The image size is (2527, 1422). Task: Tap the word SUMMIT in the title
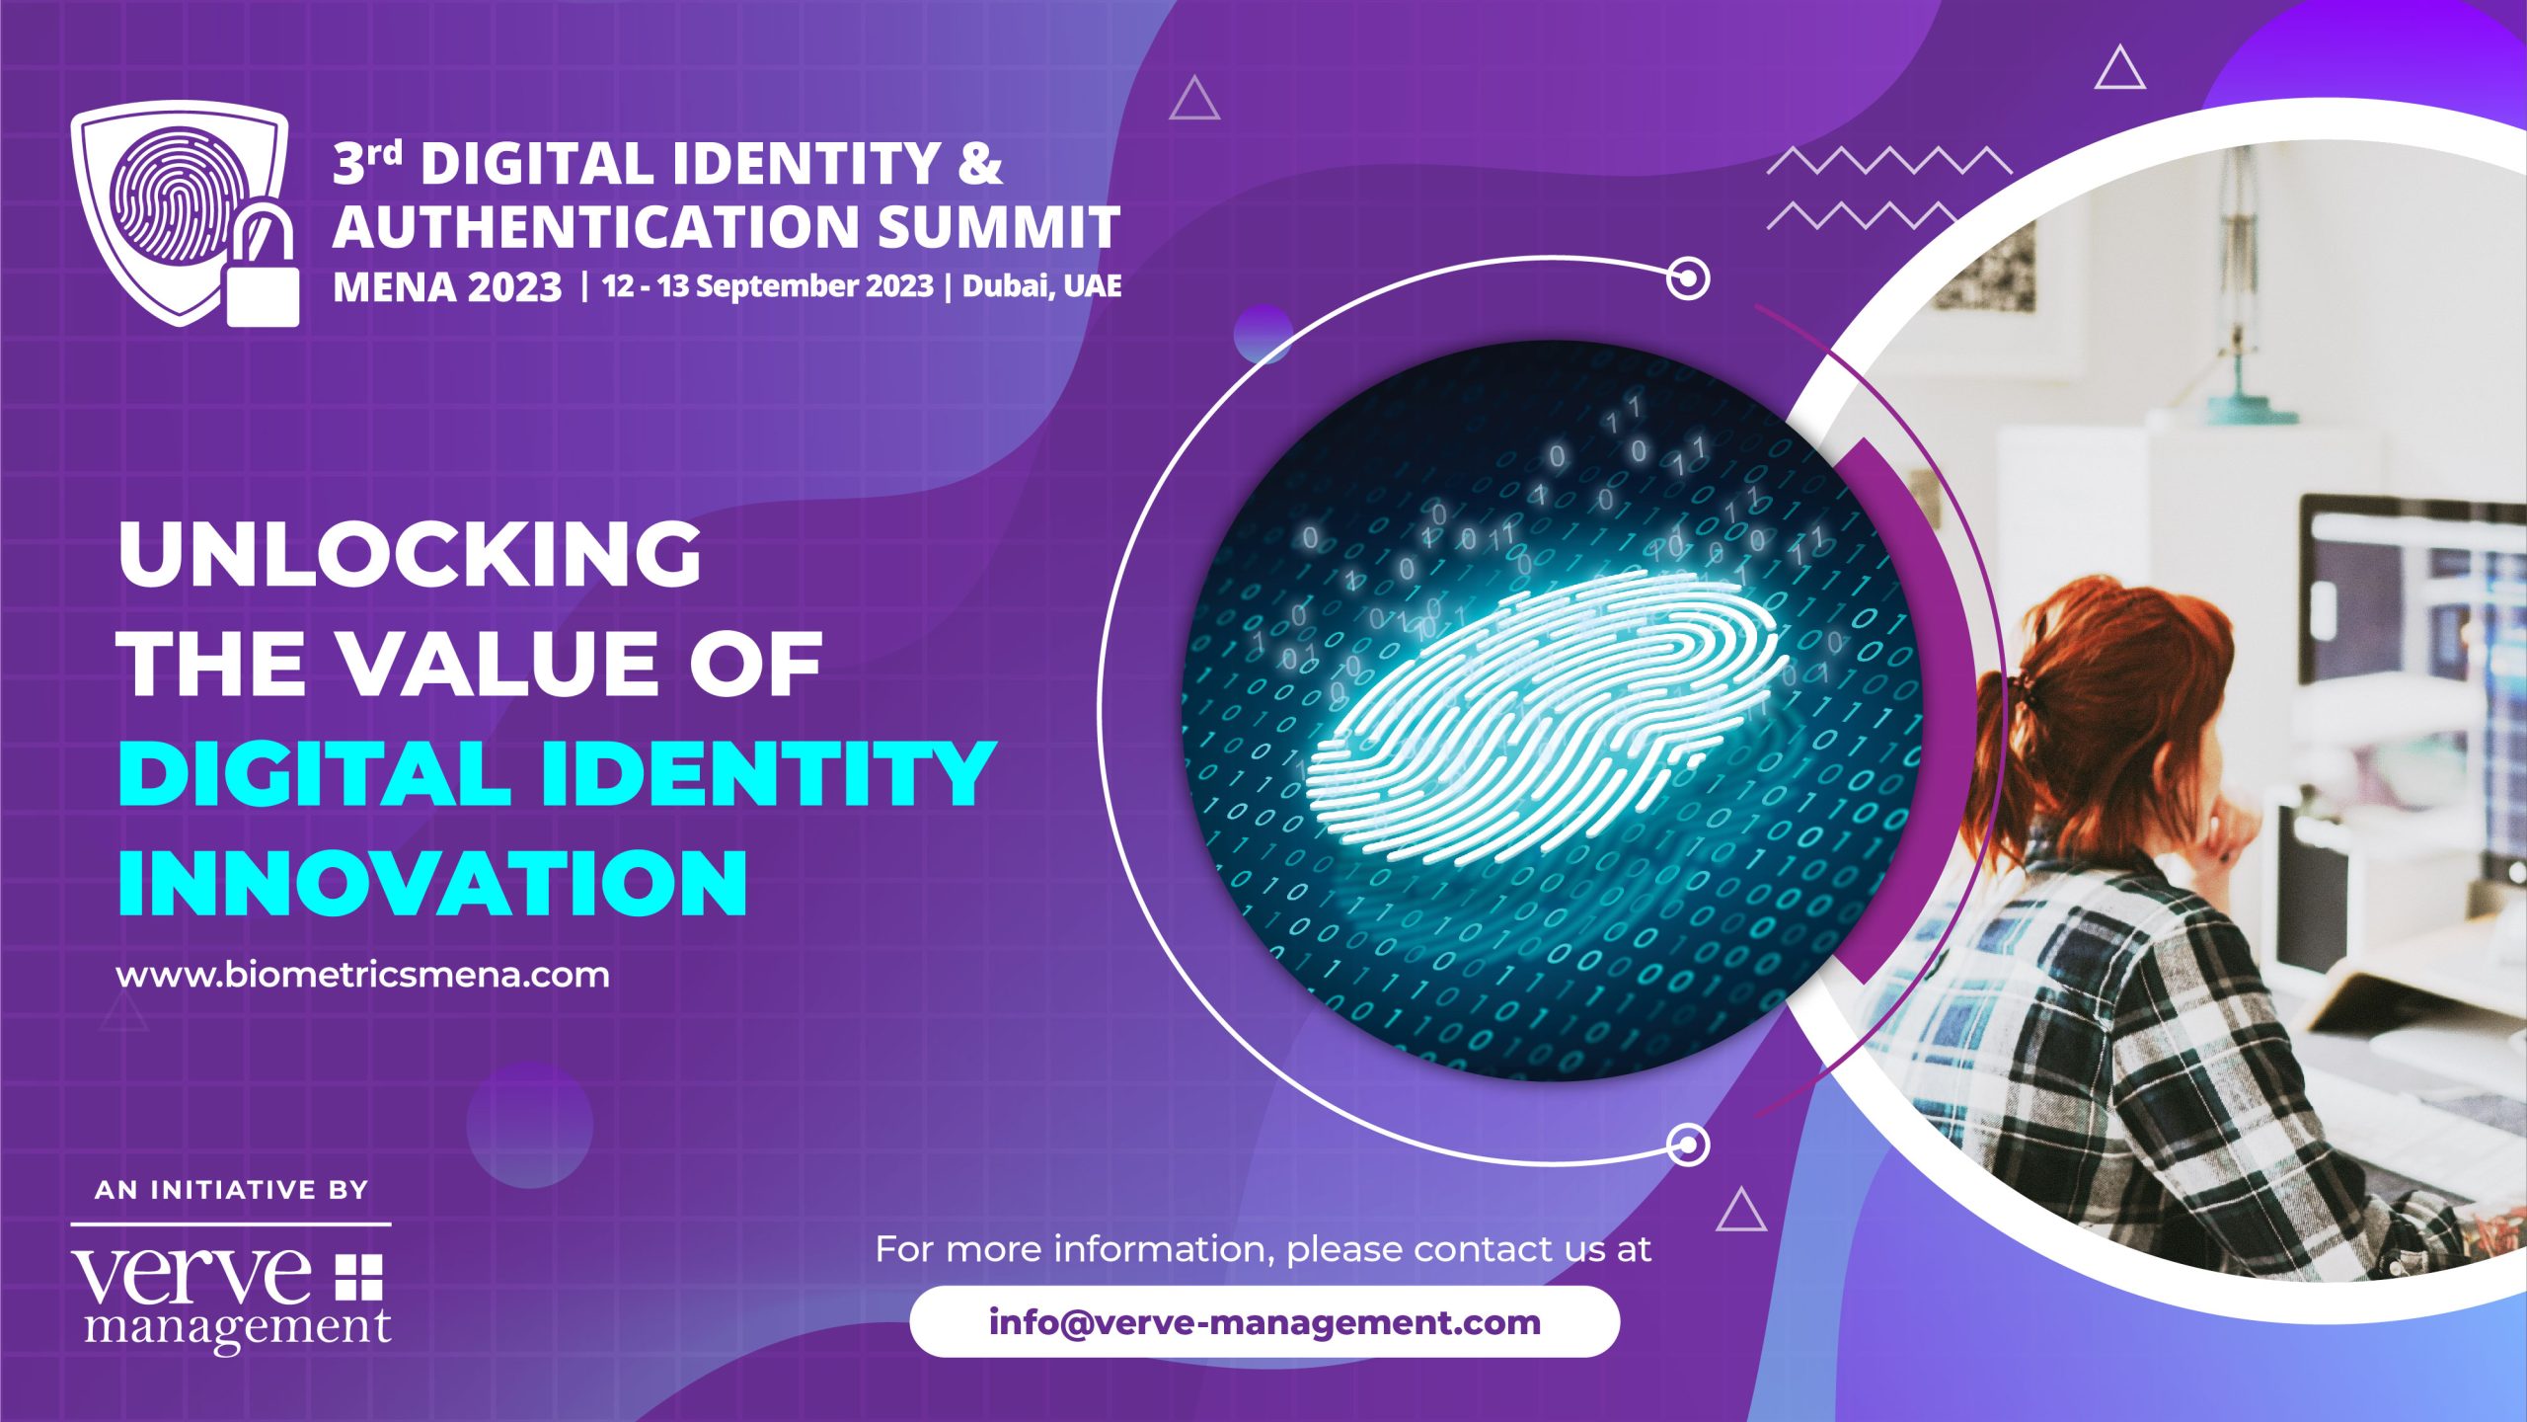(998, 226)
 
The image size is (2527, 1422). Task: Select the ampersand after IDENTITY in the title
(979, 163)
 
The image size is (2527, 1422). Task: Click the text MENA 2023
(447, 287)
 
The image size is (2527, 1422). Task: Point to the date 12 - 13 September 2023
(767, 286)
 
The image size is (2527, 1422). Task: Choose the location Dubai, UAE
(1041, 286)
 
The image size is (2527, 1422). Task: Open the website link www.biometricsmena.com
(363, 975)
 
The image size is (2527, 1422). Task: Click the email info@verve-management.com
(1264, 1321)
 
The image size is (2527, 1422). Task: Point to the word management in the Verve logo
(238, 1328)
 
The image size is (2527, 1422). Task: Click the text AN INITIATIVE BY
(232, 1190)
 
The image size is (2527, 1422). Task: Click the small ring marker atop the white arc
(1688, 278)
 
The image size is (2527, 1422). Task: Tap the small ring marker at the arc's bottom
(1688, 1145)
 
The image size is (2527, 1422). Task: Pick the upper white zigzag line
(1888, 161)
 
